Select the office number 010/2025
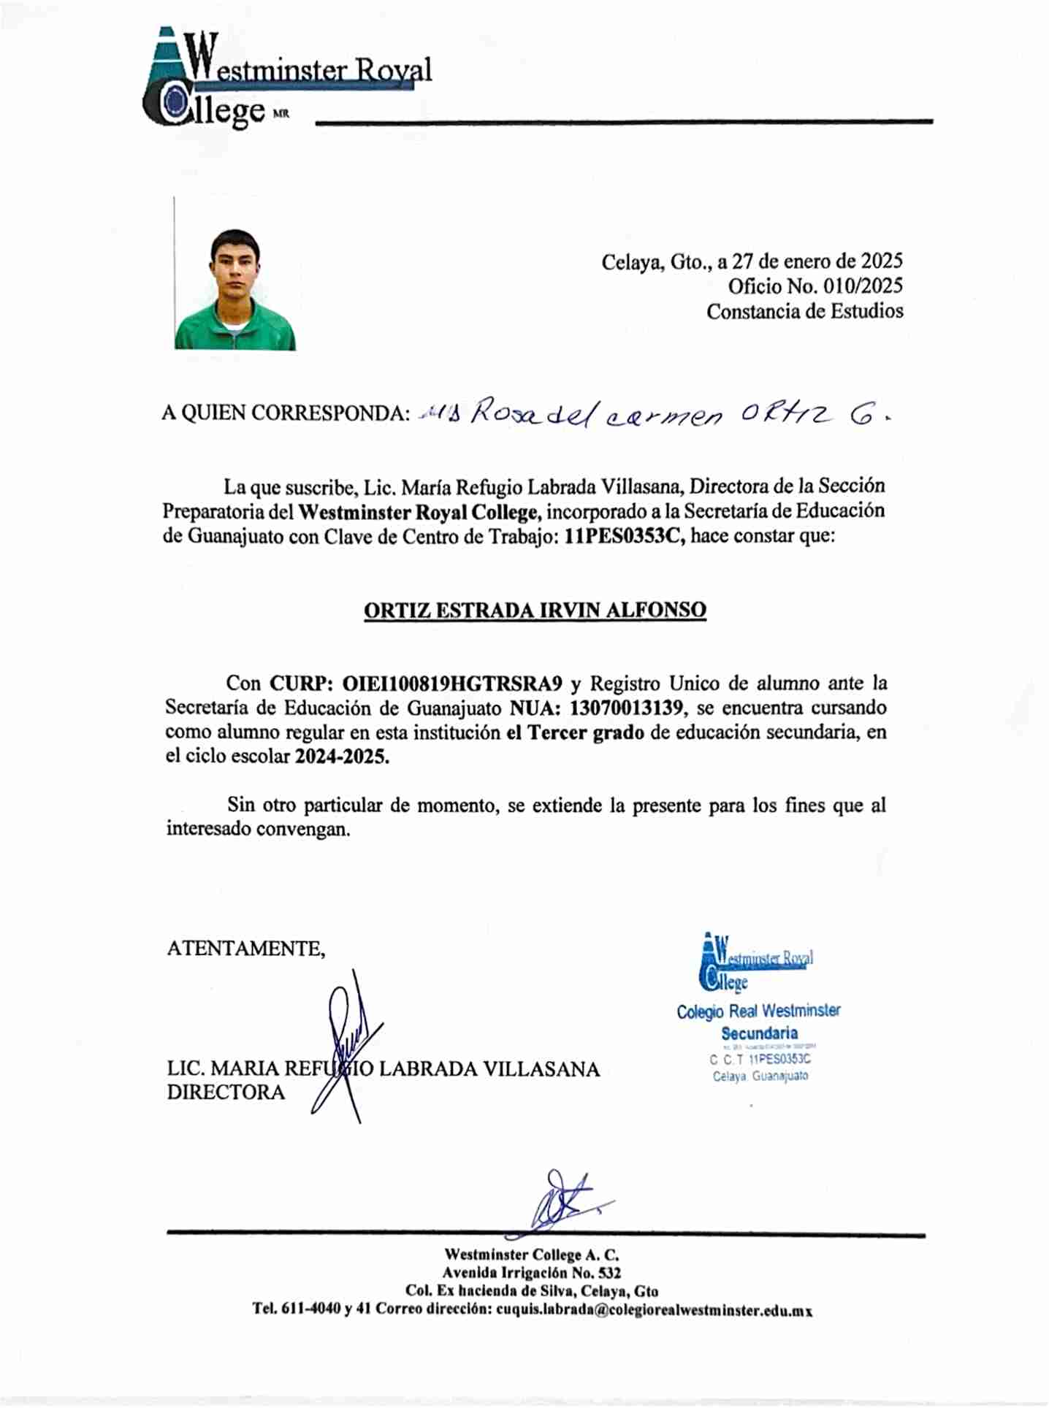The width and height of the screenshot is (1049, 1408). click(x=863, y=286)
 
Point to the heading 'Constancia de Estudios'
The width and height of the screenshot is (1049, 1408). click(x=804, y=311)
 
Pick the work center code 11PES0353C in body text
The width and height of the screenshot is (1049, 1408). click(x=624, y=535)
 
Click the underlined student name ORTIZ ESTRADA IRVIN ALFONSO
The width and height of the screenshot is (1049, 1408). click(x=535, y=610)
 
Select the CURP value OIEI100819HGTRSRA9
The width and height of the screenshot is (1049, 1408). click(x=452, y=684)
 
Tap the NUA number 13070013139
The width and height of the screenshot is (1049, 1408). click(x=627, y=708)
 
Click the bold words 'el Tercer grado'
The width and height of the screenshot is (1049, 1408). click(x=575, y=732)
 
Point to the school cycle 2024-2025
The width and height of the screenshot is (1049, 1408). click(x=341, y=756)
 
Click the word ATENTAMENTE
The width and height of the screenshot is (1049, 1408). click(x=245, y=948)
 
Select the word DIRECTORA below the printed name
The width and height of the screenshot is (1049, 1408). click(x=226, y=1093)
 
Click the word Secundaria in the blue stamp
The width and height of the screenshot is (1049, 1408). click(x=759, y=1033)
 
